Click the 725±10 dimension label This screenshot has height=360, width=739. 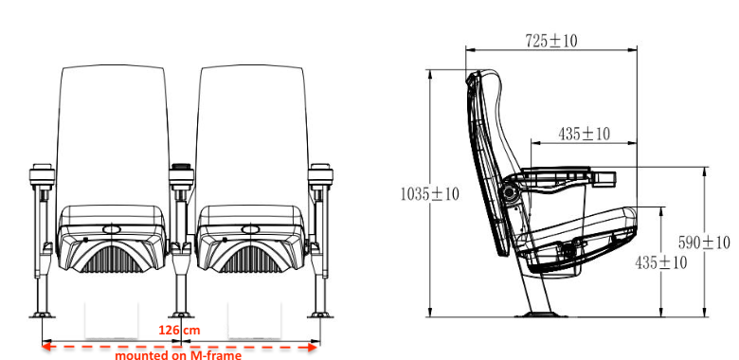pos(551,41)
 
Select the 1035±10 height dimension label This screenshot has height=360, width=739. pos(429,193)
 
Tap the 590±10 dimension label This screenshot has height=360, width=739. pos(704,243)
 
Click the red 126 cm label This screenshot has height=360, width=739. pos(179,331)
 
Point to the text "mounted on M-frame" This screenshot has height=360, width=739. pos(178,355)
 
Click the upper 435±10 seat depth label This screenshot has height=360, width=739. pos(584,135)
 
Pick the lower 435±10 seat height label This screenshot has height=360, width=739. pos(660,262)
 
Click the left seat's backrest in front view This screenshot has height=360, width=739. pos(112,136)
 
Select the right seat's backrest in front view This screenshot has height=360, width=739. pos(252,136)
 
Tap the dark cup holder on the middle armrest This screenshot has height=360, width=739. pos(182,167)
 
